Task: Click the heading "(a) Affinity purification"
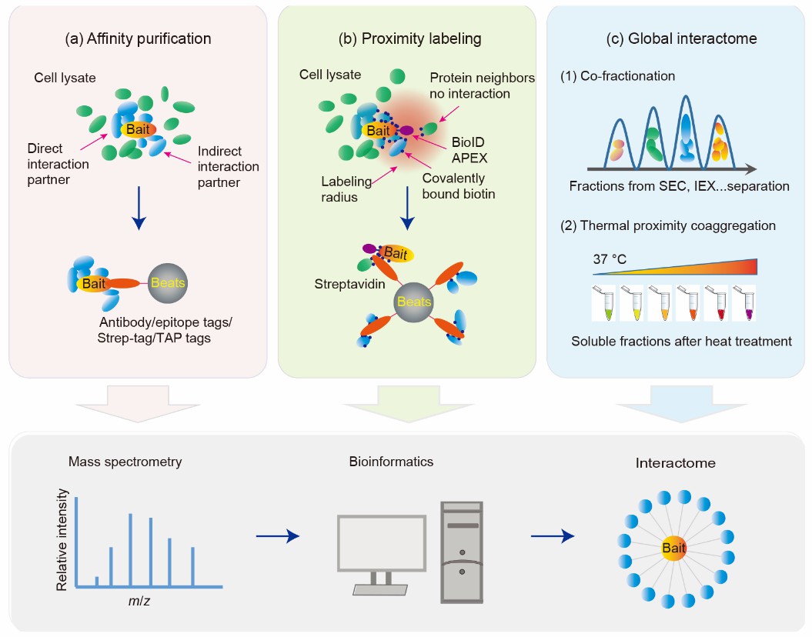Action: pos(138,38)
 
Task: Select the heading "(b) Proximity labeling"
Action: pos(409,38)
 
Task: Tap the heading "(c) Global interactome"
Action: pos(681,38)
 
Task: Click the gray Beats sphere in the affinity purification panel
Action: pos(167,283)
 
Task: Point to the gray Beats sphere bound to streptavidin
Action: pos(413,302)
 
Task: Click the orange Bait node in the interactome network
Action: pos(673,548)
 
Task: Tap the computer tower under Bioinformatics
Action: pos(462,552)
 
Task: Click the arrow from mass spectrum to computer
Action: pos(278,536)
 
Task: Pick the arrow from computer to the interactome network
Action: pos(553,536)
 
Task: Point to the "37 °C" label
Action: pos(610,258)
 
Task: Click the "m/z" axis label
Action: pos(139,602)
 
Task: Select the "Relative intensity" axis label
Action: pos(62,540)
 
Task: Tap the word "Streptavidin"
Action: pos(349,284)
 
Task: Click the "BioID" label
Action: pos(468,142)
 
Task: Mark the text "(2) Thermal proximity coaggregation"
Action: pos(668,225)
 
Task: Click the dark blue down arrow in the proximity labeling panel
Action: pos(408,208)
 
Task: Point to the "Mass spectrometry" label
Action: pos(125,462)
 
